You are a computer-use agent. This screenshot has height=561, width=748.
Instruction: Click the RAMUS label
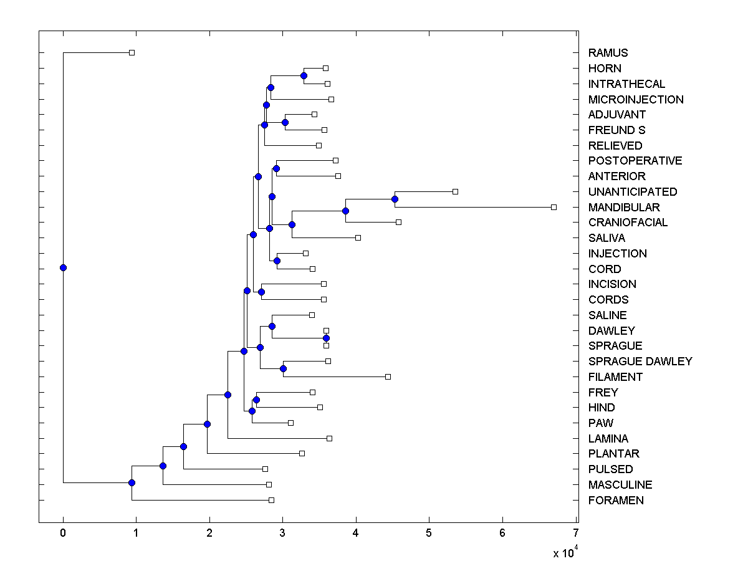(608, 53)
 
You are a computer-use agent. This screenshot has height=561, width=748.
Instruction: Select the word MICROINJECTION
(636, 100)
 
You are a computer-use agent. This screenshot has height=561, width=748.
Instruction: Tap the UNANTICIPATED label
(632, 192)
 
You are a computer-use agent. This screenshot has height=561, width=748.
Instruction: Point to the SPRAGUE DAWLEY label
(640, 362)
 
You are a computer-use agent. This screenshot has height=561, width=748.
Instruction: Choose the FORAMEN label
(616, 501)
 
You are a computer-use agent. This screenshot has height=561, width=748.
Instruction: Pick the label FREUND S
(616, 130)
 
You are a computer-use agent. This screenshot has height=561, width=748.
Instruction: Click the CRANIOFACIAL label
(628, 223)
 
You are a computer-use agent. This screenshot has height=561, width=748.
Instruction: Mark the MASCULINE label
(620, 485)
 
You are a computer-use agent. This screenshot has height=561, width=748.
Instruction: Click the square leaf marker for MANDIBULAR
(554, 207)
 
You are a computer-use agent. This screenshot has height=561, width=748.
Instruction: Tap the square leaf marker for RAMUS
(132, 53)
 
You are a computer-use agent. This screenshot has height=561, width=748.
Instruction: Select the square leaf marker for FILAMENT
(388, 376)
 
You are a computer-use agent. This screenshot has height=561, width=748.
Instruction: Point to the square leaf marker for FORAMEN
(271, 500)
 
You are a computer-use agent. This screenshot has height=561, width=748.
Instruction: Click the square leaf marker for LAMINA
(329, 438)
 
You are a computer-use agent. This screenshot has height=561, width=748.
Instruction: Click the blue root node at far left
(63, 268)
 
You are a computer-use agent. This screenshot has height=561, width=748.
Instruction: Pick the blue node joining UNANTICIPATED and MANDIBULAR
(395, 199)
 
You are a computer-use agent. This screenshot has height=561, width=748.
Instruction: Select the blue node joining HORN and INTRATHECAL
(304, 76)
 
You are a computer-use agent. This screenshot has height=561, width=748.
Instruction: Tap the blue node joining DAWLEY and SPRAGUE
(326, 338)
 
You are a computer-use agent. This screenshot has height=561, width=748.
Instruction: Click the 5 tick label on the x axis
(429, 533)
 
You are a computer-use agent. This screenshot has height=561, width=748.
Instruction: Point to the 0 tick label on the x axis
(63, 533)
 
